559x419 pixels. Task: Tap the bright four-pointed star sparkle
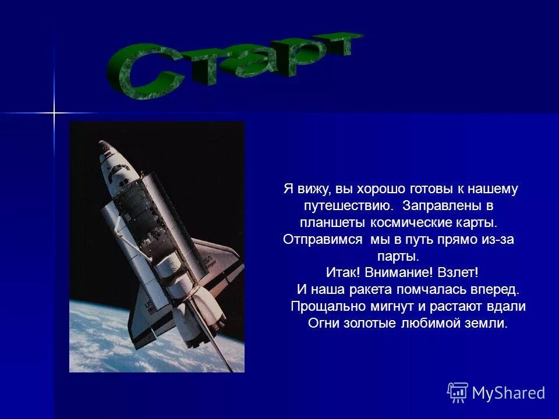[54, 112]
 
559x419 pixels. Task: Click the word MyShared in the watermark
[508, 393]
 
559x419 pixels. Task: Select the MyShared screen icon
[458, 393]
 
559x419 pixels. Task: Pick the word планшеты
[332, 222]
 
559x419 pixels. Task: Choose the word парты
[399, 256]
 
